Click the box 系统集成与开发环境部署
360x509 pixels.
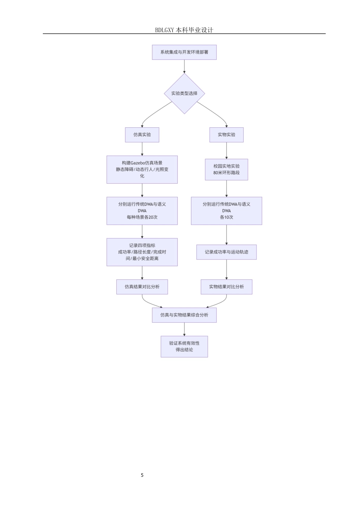pyautogui.click(x=184, y=52)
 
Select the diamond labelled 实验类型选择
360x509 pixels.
pyautogui.click(x=185, y=94)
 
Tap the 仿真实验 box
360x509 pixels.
pyautogui.click(x=142, y=135)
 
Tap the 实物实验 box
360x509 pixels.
pyautogui.click(x=227, y=135)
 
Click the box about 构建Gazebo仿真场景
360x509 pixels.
pyautogui.click(x=142, y=170)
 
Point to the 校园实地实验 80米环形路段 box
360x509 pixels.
pyautogui.click(x=227, y=170)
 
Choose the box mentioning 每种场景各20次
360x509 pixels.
pyautogui.click(x=142, y=211)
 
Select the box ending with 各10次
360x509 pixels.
pyautogui.click(x=227, y=211)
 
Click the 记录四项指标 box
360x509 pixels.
pyautogui.click(x=142, y=252)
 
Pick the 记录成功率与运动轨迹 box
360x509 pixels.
pyautogui.click(x=227, y=252)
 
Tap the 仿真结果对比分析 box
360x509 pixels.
pyautogui.click(x=142, y=287)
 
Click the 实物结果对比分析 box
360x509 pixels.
pyautogui.click(x=227, y=287)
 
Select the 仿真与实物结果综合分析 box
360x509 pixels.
pyautogui.click(x=184, y=315)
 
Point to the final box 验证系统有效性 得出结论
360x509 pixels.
pyautogui.click(x=184, y=347)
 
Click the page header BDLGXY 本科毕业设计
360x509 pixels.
pyautogui.click(x=184, y=30)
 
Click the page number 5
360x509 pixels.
pyautogui.click(x=142, y=475)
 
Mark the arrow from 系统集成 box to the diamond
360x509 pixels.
pyautogui.click(x=184, y=67)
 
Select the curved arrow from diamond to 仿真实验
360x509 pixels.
pyautogui.click(x=153, y=112)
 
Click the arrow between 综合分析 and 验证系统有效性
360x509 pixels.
pyautogui.click(x=184, y=329)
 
